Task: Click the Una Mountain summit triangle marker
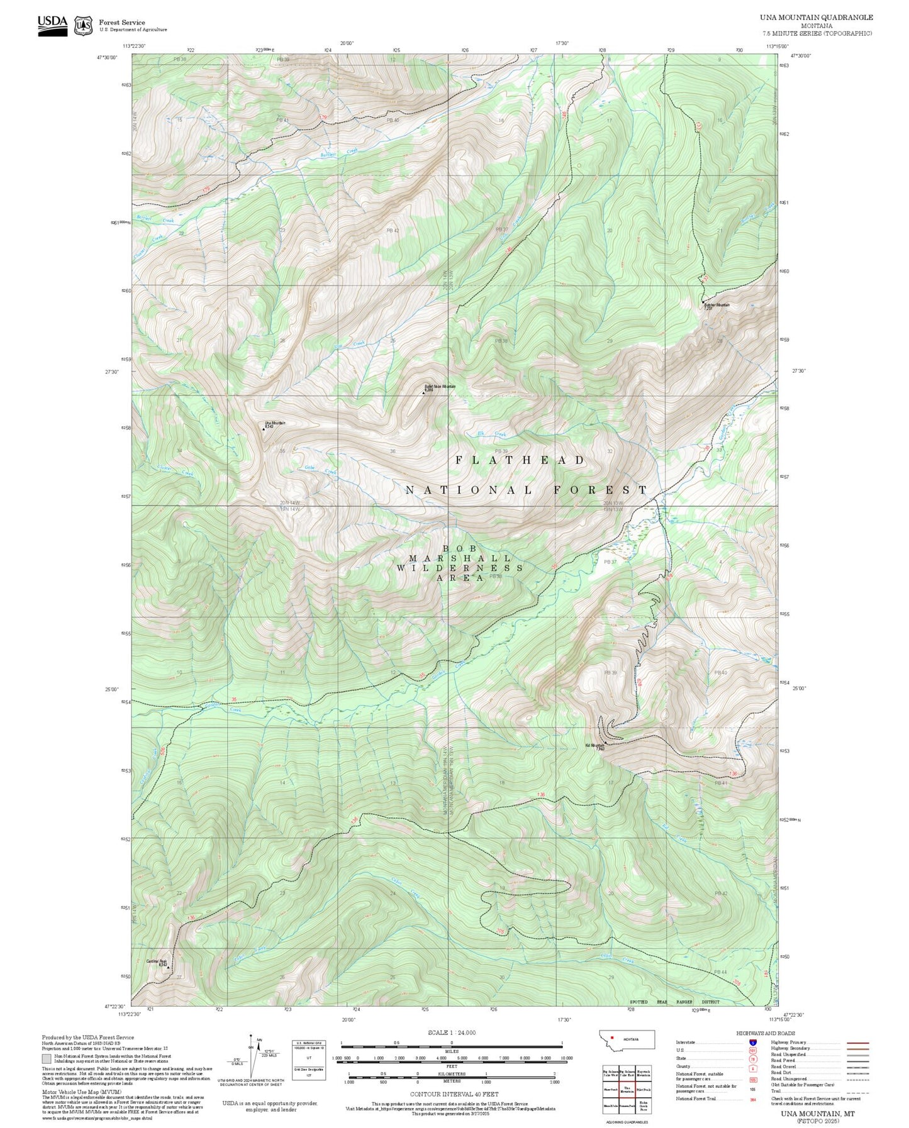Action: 263,429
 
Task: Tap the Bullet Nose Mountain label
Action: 439,386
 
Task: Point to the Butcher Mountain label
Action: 717,305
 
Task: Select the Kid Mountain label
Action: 594,746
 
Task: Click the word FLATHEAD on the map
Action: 520,460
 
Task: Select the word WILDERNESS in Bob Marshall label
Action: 459,568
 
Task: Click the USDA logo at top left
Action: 52,25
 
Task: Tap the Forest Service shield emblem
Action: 83,25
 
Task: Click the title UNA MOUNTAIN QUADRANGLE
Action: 816,17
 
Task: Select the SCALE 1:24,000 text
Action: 451,1032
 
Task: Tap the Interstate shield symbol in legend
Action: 752,1042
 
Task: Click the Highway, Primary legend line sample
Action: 857,1042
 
